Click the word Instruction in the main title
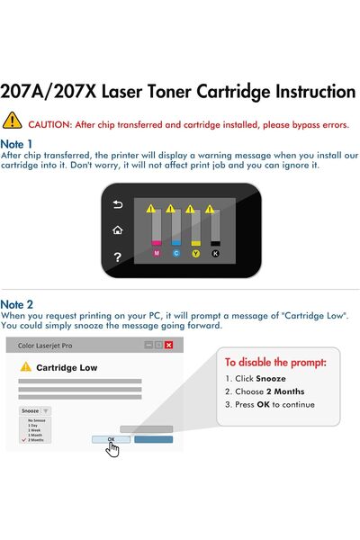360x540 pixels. pos(290,92)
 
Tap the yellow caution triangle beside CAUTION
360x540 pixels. pos(12,121)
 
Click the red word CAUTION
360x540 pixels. pos(52,122)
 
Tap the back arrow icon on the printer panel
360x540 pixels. pos(117,205)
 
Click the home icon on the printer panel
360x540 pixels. pos(117,230)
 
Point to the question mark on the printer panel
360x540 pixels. pos(117,258)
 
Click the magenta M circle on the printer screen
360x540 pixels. pos(157,254)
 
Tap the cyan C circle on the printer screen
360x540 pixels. pos(176,254)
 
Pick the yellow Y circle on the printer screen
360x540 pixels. pos(196,254)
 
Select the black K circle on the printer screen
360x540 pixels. pos(216,254)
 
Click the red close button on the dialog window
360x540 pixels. pos(168,345)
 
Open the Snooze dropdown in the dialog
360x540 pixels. pos(35,410)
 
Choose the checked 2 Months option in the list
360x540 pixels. pos(39,440)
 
